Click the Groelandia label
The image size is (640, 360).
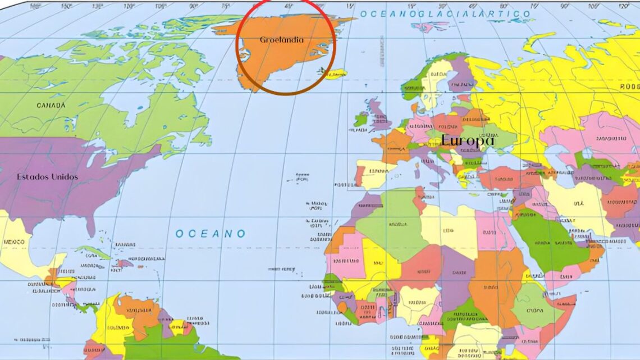(x=282, y=40)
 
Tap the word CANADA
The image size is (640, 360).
(x=51, y=105)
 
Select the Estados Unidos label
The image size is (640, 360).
(x=47, y=176)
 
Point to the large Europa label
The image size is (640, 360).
(x=467, y=140)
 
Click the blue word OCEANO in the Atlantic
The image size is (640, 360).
(x=210, y=234)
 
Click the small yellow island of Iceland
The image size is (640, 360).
(x=335, y=74)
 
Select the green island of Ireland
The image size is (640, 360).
(x=360, y=119)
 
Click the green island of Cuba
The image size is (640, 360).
(x=93, y=252)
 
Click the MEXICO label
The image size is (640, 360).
(x=13, y=242)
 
